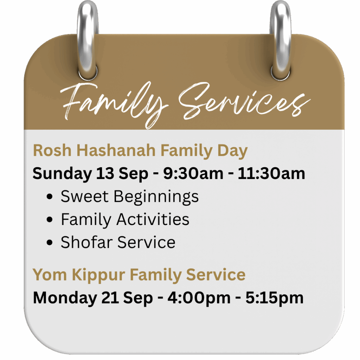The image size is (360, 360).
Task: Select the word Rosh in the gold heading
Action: tap(52, 150)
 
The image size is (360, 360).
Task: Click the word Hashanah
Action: tap(116, 150)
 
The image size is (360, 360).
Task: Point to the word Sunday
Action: tap(62, 174)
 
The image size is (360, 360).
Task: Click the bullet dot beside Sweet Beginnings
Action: tap(49, 197)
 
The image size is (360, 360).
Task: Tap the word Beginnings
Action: tap(156, 197)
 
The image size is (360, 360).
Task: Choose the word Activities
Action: tap(153, 219)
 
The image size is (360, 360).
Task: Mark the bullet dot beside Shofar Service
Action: tap(49, 243)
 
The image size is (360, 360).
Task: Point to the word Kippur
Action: tap(98, 275)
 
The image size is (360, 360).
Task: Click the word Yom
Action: tap(50, 275)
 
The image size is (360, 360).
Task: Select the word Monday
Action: tap(65, 298)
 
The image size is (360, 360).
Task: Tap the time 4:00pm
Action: tap(199, 298)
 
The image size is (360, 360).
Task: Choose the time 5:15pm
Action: tap(275, 298)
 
